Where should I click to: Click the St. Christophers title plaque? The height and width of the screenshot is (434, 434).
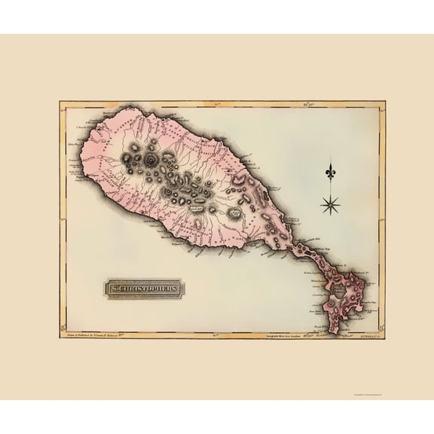[144, 289]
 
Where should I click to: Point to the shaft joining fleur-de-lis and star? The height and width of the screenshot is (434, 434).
[331, 187]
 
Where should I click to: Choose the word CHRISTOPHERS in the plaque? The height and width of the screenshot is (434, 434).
[149, 289]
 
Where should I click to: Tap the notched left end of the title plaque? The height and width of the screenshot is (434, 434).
[105, 289]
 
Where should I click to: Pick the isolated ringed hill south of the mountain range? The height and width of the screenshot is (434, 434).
[234, 215]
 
